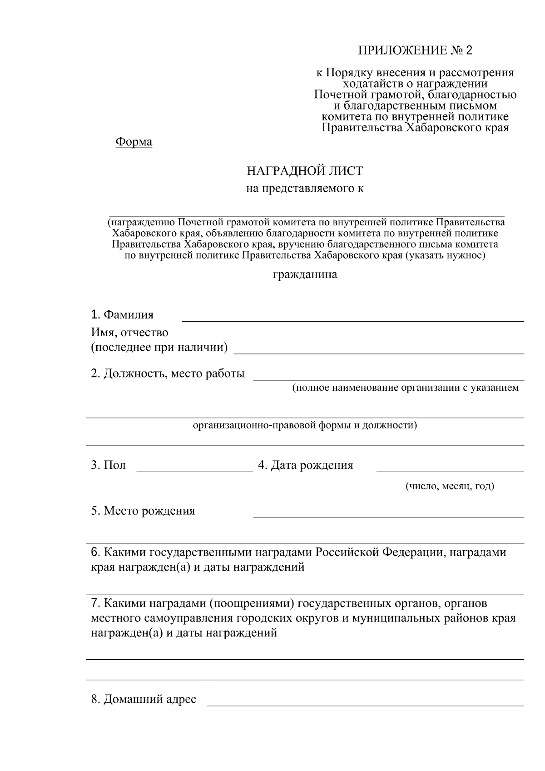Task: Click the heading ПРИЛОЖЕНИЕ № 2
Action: [x=415, y=50]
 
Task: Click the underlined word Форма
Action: [x=134, y=142]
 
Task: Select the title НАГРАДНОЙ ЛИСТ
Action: [x=305, y=171]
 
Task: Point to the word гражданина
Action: [x=305, y=275]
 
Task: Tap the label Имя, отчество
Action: [x=129, y=333]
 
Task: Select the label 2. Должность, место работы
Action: [x=168, y=374]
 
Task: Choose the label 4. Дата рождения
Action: [x=305, y=466]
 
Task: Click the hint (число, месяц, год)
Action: [x=449, y=487]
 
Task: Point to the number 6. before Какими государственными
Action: [x=95, y=553]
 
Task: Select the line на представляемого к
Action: [x=305, y=189]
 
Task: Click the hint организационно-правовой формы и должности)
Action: [x=305, y=426]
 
